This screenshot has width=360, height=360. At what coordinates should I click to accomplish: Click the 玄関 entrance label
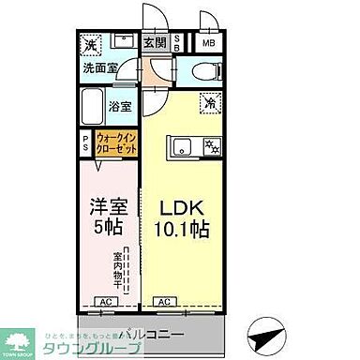pyautogui.click(x=154, y=41)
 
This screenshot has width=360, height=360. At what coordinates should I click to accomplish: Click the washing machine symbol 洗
pyautogui.click(x=91, y=45)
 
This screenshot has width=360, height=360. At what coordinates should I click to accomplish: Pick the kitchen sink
pyautogui.click(x=180, y=146)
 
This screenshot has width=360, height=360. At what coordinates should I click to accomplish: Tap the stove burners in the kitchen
pyautogui.click(x=211, y=146)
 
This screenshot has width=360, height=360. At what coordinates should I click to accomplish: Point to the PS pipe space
pyautogui.click(x=86, y=143)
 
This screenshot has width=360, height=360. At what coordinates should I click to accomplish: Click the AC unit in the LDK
pyautogui.click(x=162, y=302)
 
